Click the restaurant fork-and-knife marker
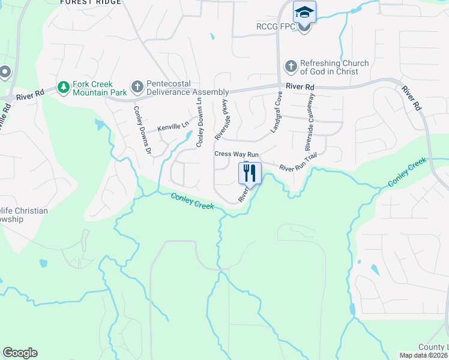[x=250, y=173]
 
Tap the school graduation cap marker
[x=304, y=13]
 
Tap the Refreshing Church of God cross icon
[x=291, y=67]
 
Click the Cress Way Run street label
[x=237, y=154]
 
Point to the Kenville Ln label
[x=173, y=127]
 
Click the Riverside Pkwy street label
[x=222, y=120]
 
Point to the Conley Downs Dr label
[x=142, y=128]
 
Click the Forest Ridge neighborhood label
[x=91, y=2]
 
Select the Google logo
[x=20, y=353]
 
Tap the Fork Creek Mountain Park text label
[x=100, y=88]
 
